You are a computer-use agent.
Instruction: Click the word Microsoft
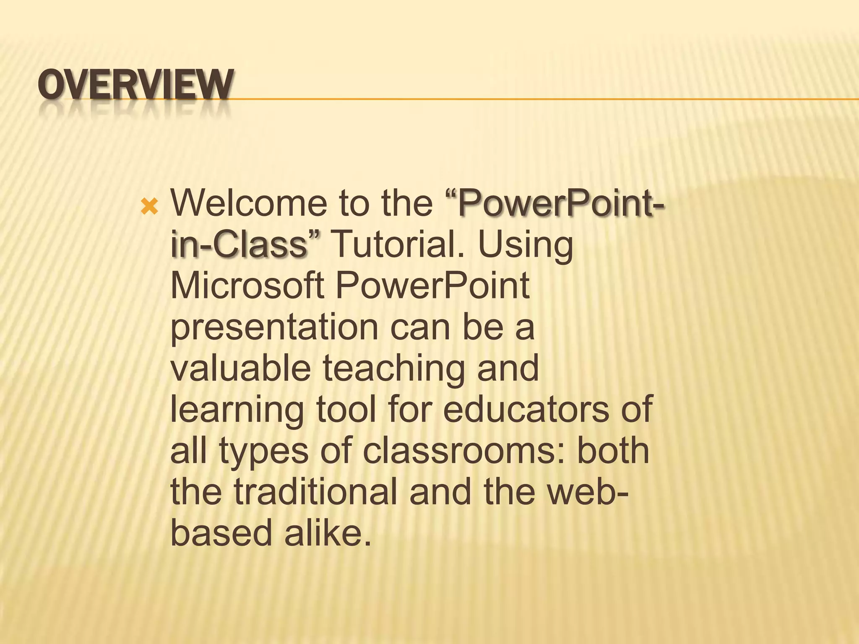(247, 286)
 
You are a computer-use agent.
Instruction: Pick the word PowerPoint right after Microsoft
(432, 286)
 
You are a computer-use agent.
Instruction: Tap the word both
(613, 451)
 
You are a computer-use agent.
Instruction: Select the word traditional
(315, 492)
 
